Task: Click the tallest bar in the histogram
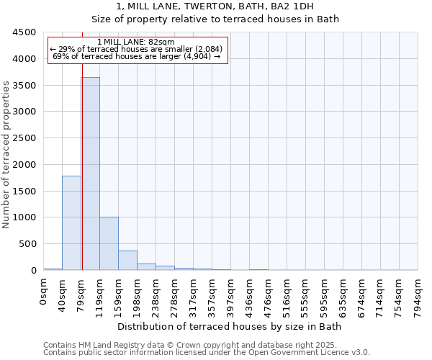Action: (91, 173)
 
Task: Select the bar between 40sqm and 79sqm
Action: (71, 223)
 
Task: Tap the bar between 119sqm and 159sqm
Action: (109, 243)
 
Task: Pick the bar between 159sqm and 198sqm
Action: (127, 260)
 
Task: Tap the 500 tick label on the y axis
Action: (27, 243)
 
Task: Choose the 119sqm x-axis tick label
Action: (100, 292)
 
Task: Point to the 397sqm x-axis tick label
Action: (231, 292)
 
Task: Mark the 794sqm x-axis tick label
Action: (418, 292)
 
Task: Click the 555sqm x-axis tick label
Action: (306, 292)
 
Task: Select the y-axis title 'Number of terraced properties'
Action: (7, 155)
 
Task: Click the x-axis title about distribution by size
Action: (230, 327)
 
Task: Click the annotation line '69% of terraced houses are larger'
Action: (137, 56)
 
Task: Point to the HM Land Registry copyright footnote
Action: (206, 345)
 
